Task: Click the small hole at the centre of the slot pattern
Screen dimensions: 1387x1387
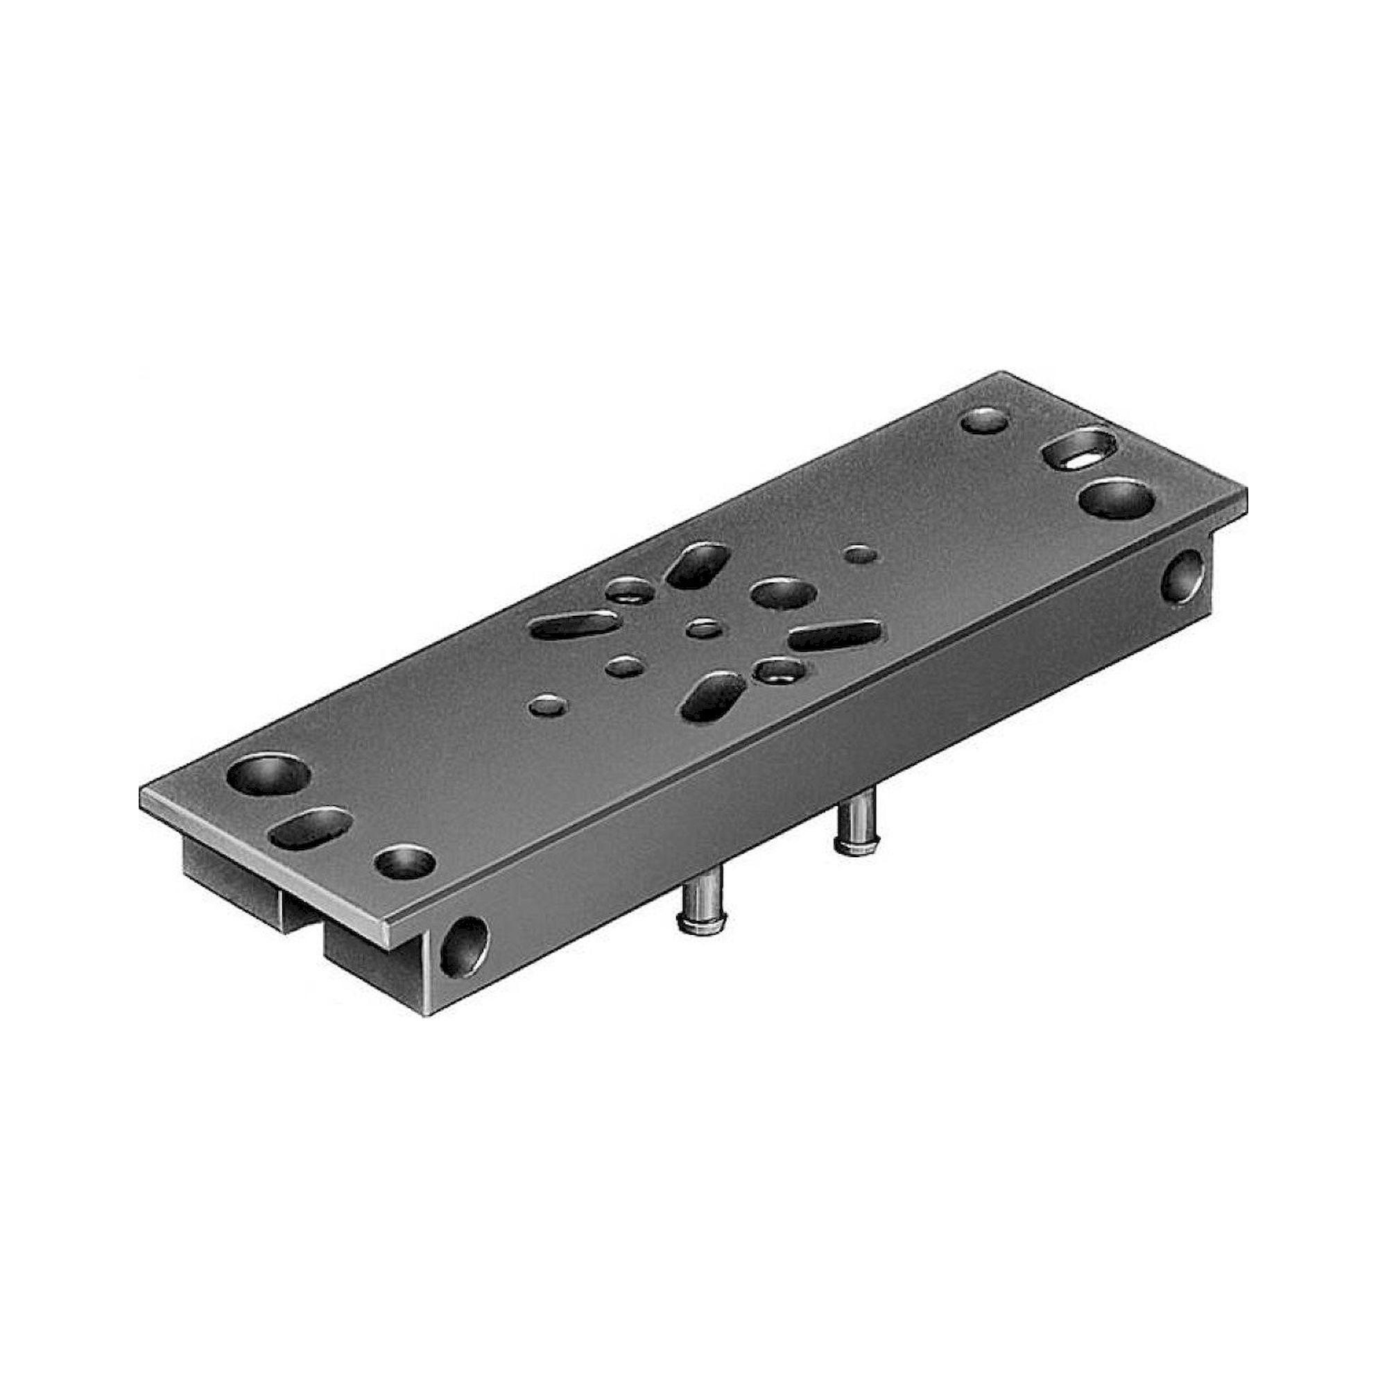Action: pyautogui.click(x=703, y=630)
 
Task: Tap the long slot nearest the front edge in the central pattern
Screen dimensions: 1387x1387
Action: pyautogui.click(x=713, y=696)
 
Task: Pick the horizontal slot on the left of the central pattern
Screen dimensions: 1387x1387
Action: pyautogui.click(x=574, y=625)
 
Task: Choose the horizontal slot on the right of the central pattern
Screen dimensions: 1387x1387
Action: pyautogui.click(x=835, y=635)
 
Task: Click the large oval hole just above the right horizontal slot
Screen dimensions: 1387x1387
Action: pyautogui.click(x=783, y=593)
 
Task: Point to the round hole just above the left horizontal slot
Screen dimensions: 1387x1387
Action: pyautogui.click(x=630, y=590)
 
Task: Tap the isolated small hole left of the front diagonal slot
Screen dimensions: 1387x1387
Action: pyautogui.click(x=549, y=707)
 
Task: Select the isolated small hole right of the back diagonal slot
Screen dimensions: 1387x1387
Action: pyautogui.click(x=861, y=553)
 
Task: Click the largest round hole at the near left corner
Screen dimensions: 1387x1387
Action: pyautogui.click(x=268, y=775)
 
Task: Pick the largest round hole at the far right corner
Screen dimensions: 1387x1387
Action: pyautogui.click(x=1117, y=499)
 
